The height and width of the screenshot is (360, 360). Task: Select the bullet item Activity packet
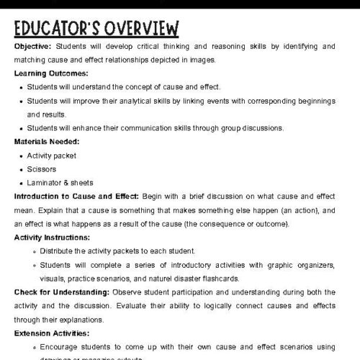(51, 156)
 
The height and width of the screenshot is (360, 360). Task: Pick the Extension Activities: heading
(50, 333)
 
